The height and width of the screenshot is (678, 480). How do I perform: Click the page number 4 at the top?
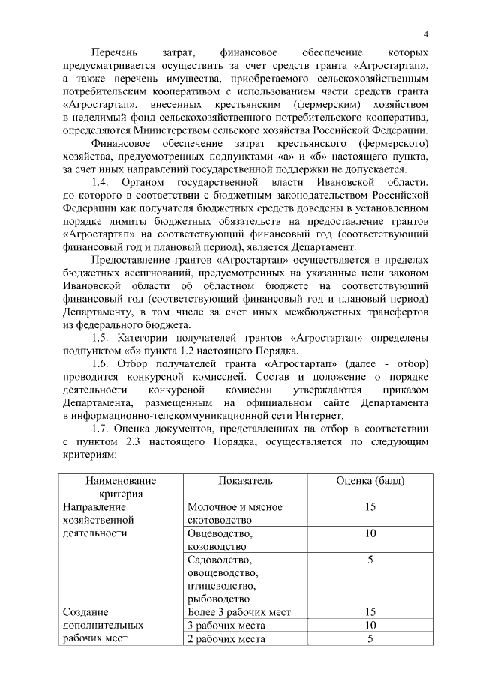[x=425, y=34]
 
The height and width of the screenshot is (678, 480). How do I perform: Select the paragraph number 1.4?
[x=100, y=183]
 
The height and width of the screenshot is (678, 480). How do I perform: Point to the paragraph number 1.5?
[x=100, y=338]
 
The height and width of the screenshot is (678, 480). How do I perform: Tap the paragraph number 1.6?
[x=100, y=364]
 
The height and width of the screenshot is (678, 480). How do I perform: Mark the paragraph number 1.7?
[x=100, y=429]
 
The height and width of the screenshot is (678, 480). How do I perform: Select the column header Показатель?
[x=245, y=480]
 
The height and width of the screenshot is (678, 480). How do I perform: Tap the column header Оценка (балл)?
[x=370, y=480]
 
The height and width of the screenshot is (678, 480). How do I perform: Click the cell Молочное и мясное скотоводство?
[x=235, y=514]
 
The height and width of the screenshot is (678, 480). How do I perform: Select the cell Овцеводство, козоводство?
[x=220, y=540]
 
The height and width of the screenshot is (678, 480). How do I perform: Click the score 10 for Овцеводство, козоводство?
[x=370, y=534]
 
